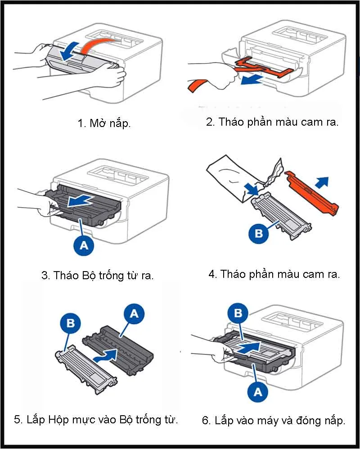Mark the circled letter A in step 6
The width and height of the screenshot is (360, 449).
(x=257, y=391)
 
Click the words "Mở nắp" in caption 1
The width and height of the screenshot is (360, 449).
(x=110, y=123)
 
